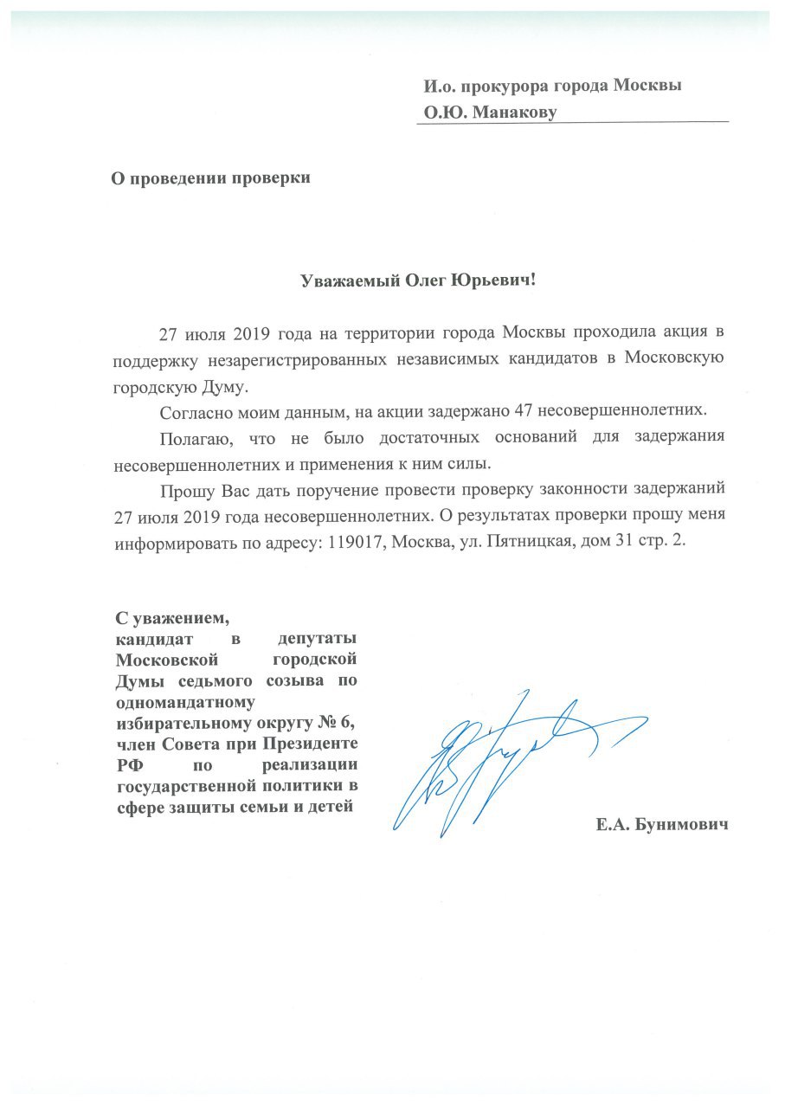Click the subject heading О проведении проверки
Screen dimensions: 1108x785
coord(210,179)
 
